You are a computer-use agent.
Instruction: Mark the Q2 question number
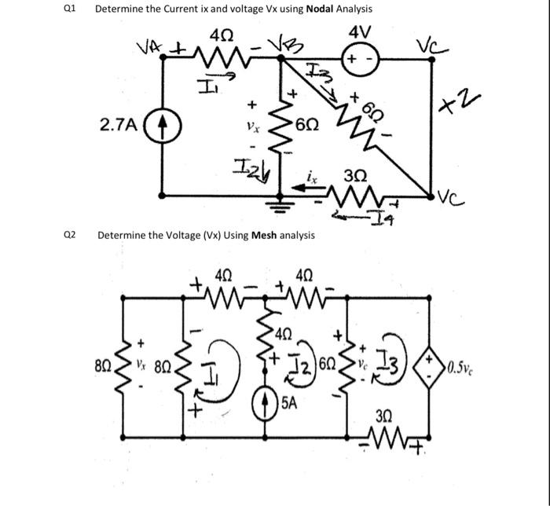[71, 235]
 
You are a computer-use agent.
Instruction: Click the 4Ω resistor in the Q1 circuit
[218, 57]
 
